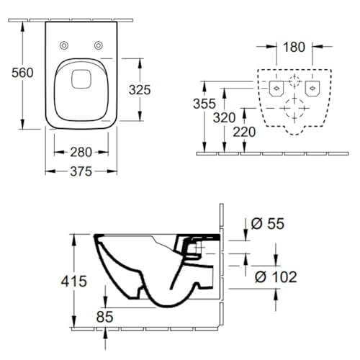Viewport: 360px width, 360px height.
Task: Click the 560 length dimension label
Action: click(22, 73)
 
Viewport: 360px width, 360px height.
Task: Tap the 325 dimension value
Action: click(140, 90)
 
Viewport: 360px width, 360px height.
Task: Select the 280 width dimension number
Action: click(81, 152)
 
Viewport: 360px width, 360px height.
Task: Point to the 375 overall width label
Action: click(81, 171)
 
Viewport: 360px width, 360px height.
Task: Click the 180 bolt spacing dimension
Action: click(294, 47)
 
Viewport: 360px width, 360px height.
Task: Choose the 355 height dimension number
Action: click(204, 104)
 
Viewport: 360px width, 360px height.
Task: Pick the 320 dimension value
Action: click(225, 118)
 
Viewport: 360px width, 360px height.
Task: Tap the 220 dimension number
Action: click(244, 132)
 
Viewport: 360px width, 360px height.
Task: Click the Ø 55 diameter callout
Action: click(268, 224)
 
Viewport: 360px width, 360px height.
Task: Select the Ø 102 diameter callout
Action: click(276, 277)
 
